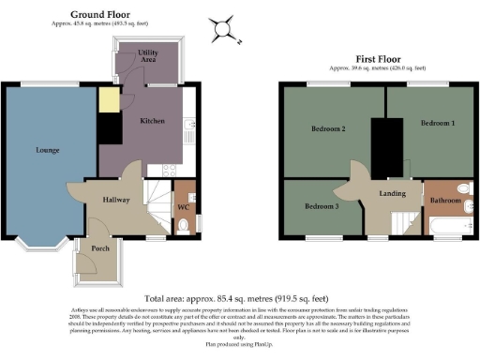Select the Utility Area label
point(148,55)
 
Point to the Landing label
point(392,194)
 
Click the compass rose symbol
point(224,30)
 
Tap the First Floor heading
point(377,58)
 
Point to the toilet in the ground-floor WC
point(185,225)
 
